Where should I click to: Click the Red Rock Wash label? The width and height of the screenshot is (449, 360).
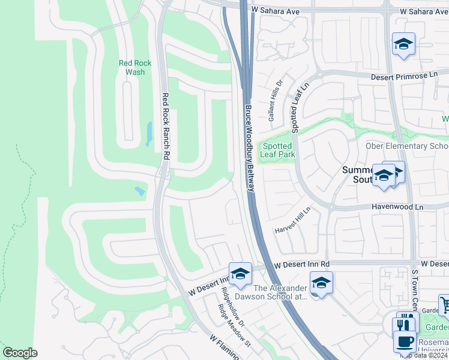135,67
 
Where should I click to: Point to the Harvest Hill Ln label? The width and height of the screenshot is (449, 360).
292,222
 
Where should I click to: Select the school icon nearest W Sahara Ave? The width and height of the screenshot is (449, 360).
404,44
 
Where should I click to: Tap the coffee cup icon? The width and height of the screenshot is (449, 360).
404,341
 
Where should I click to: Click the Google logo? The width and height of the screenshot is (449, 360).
20,353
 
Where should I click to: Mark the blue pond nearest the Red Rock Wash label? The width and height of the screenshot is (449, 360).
149,134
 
